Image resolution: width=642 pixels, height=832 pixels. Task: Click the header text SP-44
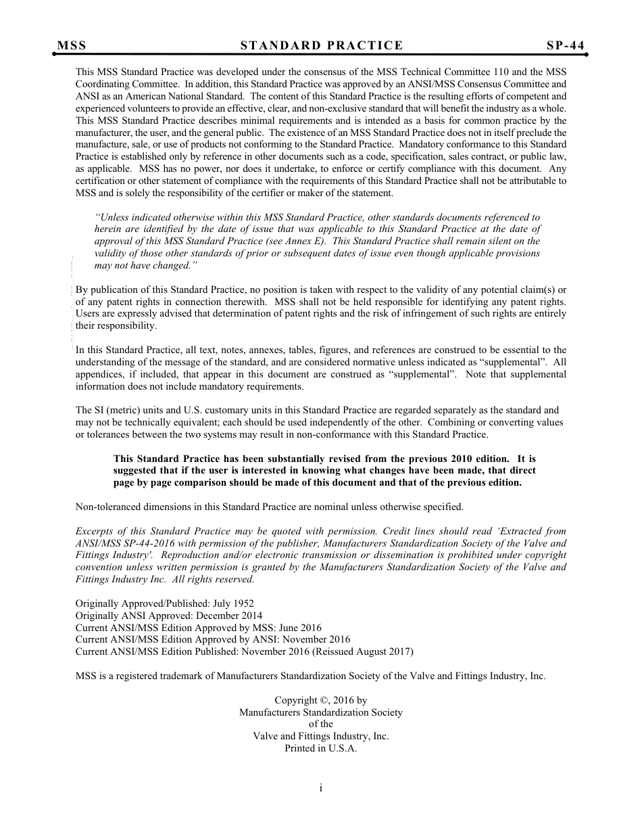click(566, 45)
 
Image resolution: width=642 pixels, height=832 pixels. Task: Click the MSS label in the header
click(72, 45)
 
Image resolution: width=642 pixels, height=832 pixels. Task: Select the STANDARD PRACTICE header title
click(322, 45)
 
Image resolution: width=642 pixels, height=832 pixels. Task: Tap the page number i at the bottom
click(321, 787)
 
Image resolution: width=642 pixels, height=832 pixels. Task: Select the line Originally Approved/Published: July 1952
click(165, 603)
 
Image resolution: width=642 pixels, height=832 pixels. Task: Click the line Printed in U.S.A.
click(321, 749)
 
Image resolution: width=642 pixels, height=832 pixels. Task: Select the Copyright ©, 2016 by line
click(321, 700)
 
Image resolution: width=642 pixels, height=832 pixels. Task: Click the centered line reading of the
click(321, 724)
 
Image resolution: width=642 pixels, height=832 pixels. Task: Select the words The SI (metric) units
click(119, 410)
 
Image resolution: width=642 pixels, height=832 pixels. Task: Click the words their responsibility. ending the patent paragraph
click(116, 325)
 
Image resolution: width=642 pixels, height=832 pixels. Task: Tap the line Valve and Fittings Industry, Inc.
click(321, 737)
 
